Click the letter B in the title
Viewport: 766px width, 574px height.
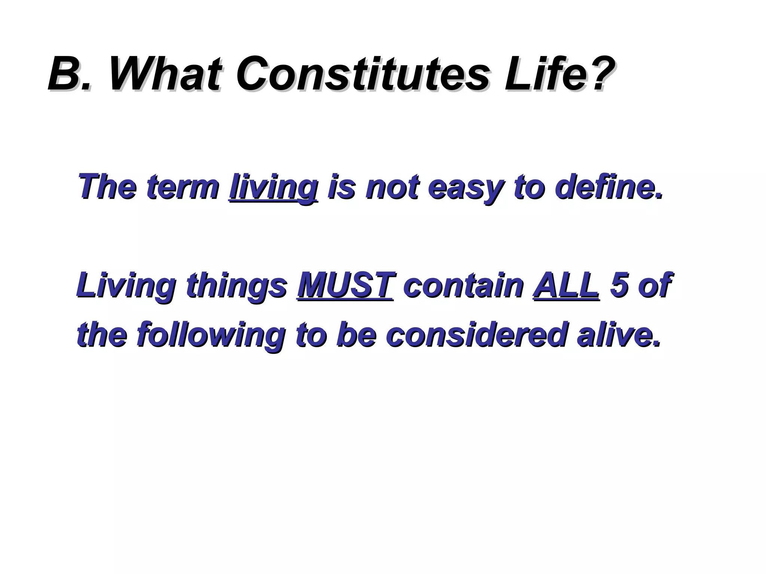coord(63,74)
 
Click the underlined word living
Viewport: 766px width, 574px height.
coord(273,188)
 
